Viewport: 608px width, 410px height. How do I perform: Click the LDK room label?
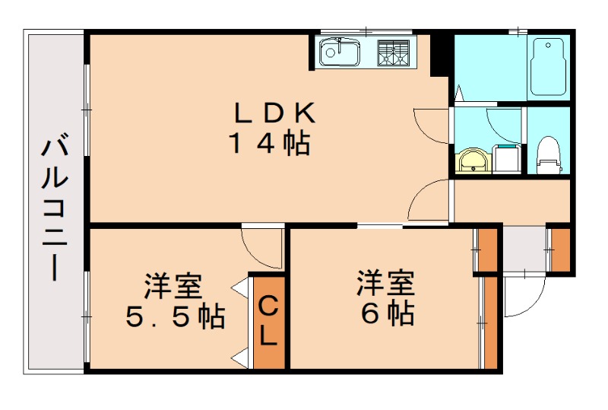(x=273, y=113)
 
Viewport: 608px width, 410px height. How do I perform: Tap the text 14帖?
(x=270, y=143)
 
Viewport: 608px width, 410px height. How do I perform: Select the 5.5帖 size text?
(x=175, y=315)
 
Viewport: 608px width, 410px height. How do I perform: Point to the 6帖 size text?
(x=387, y=313)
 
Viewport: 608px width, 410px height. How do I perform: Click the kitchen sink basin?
(x=340, y=53)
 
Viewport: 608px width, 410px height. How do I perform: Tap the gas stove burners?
(x=394, y=52)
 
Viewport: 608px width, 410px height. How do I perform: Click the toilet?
(x=547, y=151)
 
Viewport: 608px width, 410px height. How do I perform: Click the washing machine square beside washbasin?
(x=506, y=158)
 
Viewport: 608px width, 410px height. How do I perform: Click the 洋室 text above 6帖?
(x=387, y=283)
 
